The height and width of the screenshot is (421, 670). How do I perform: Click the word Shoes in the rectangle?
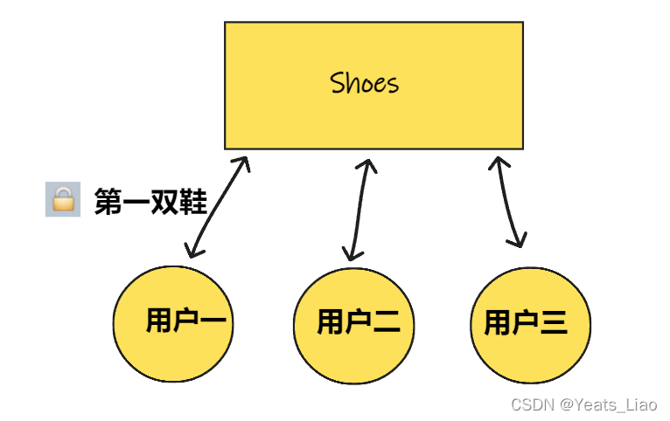point(365,83)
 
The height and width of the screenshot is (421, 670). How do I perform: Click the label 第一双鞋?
point(150,202)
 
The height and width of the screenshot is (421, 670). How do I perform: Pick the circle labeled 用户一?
point(174,324)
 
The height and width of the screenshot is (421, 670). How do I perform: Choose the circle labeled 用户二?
point(354,324)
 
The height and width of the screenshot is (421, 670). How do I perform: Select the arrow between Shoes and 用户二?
point(359,210)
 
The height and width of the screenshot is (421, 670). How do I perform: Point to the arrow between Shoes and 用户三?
point(508,203)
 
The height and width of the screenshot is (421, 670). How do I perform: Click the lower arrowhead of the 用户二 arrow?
point(352,254)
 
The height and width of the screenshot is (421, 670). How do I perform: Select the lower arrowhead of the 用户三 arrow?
point(519,241)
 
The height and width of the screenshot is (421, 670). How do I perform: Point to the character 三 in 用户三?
point(553,323)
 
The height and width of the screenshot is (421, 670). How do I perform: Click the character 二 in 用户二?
point(385,323)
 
